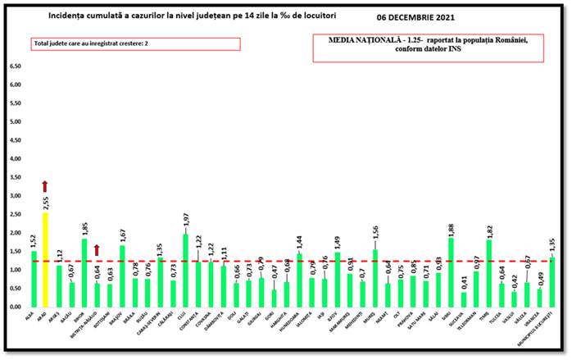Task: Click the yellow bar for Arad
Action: click(x=46, y=259)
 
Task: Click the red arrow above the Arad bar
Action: click(x=46, y=187)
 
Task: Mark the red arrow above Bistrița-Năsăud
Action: click(x=98, y=249)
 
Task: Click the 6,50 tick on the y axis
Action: click(x=15, y=66)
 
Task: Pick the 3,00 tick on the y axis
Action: click(x=15, y=196)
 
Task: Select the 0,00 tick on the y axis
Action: click(x=15, y=307)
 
